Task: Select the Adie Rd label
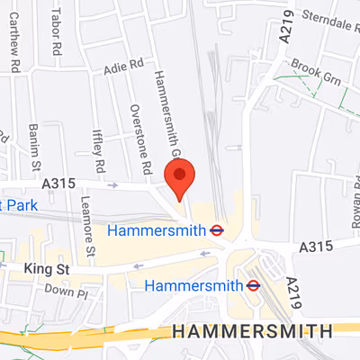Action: (x=124, y=66)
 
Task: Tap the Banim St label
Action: (x=35, y=147)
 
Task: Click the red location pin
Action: (x=181, y=176)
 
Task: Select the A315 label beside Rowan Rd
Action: (x=316, y=246)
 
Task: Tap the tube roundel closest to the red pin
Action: (x=217, y=229)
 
